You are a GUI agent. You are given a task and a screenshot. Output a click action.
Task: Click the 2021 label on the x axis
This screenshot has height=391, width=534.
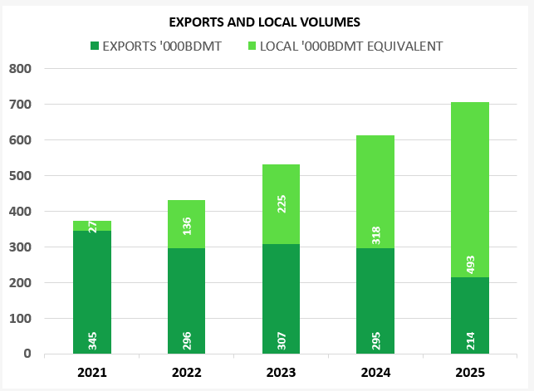tap(91, 371)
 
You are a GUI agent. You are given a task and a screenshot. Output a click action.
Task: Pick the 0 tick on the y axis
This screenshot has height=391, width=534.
tap(27, 354)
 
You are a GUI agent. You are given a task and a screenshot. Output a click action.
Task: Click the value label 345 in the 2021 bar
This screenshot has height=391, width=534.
tap(93, 340)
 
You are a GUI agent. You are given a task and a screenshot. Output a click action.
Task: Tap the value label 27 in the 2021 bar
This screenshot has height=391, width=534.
tap(93, 226)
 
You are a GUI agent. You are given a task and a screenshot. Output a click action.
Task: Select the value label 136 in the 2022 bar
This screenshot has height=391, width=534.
tap(187, 225)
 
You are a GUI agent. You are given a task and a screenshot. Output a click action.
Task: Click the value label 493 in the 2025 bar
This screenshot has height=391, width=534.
tap(470, 263)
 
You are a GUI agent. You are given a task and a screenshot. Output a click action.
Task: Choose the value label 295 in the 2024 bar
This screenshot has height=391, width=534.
tap(375, 340)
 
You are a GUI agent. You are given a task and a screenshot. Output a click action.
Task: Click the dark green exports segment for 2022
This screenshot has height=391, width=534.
tap(186, 291)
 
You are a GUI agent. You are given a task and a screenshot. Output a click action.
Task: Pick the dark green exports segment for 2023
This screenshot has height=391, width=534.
tap(281, 291)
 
